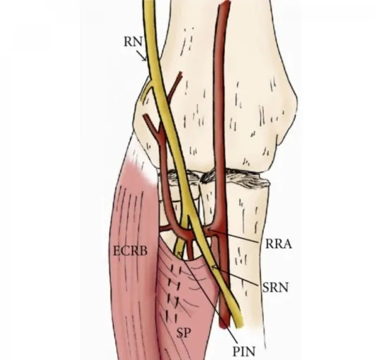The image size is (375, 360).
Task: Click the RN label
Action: [133, 41]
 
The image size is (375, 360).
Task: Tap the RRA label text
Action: [279, 244]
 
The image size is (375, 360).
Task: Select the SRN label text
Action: [276, 288]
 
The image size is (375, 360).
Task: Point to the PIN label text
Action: [244, 351]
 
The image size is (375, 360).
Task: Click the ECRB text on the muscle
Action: [130, 251]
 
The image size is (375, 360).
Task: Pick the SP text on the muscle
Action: [184, 333]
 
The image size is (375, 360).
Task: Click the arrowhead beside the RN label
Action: [144, 59]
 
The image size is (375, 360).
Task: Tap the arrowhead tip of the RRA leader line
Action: [208, 231]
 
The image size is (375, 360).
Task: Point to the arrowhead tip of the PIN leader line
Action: [177, 252]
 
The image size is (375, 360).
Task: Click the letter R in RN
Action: [128, 41]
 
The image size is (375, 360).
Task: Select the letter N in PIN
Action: [250, 351]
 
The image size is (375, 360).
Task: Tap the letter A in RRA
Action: [288, 244]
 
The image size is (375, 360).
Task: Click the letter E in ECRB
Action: [117, 251]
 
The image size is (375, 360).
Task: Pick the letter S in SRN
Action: [266, 288]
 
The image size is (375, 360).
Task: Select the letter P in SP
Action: [187, 333]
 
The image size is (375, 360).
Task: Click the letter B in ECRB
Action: [144, 251]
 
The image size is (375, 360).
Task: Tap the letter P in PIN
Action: [236, 351]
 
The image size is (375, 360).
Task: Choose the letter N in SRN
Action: [284, 288]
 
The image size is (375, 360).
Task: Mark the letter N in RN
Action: [137, 41]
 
